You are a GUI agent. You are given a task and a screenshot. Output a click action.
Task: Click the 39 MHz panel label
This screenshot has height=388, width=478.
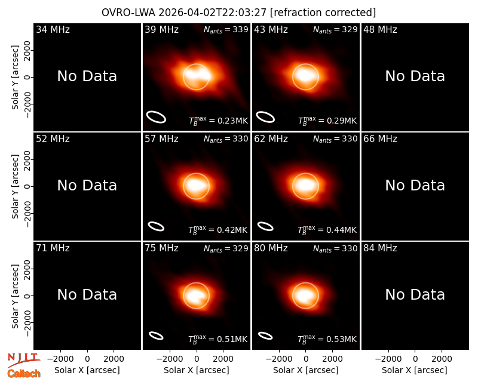click(161, 29)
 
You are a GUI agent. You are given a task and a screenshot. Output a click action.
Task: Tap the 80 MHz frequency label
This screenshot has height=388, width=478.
click(271, 248)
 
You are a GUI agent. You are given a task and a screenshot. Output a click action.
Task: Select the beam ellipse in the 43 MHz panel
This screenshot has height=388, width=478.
click(265, 117)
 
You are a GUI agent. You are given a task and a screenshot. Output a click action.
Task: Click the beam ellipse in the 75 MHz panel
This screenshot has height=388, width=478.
click(156, 335)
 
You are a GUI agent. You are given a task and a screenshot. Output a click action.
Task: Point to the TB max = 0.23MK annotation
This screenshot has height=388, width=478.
click(218, 121)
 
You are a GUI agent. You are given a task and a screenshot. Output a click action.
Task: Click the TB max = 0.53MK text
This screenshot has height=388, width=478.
click(327, 339)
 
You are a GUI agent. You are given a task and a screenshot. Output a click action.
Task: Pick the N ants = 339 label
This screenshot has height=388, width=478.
click(226, 29)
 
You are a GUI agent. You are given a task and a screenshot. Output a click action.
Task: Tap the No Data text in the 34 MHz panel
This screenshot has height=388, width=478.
click(87, 76)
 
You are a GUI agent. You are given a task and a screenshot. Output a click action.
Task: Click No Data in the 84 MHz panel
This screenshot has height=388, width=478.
click(415, 295)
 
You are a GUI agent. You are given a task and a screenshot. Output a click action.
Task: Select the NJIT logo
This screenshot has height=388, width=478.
click(23, 360)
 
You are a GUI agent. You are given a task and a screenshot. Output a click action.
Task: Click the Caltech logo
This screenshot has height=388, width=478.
click(24, 374)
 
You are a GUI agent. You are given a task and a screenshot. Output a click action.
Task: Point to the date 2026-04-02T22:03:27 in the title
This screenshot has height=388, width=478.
click(213, 13)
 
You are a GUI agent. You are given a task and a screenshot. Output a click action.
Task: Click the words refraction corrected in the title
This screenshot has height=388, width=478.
click(323, 13)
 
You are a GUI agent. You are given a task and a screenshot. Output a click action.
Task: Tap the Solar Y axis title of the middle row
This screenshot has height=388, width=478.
click(16, 187)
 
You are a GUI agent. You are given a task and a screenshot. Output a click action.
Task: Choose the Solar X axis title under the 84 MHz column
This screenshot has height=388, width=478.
click(415, 370)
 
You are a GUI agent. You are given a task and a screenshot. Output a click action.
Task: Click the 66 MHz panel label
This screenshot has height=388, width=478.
click(380, 139)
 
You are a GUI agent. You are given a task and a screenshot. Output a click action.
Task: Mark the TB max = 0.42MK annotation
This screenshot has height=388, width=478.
click(218, 230)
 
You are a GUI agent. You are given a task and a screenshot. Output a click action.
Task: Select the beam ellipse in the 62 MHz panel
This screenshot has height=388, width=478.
click(265, 226)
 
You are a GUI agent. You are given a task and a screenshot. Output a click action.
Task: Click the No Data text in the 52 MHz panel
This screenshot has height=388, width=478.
click(87, 186)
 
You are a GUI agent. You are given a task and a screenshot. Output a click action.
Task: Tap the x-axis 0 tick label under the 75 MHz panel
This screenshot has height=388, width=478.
click(197, 359)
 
